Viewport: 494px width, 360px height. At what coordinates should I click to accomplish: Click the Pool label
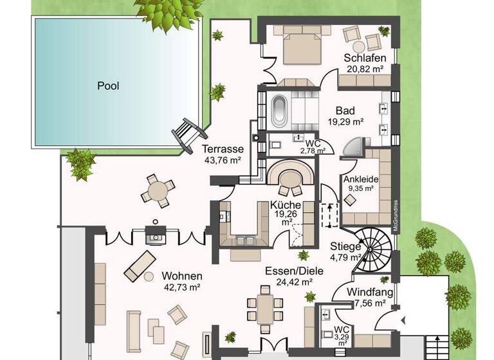coord(108,85)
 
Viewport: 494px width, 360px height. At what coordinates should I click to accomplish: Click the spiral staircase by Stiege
coord(374,251)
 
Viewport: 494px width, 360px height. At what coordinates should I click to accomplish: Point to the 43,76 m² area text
coord(222,161)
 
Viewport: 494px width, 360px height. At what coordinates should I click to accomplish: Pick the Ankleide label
coord(360,179)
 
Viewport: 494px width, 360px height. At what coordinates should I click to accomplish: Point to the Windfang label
coord(366,292)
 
